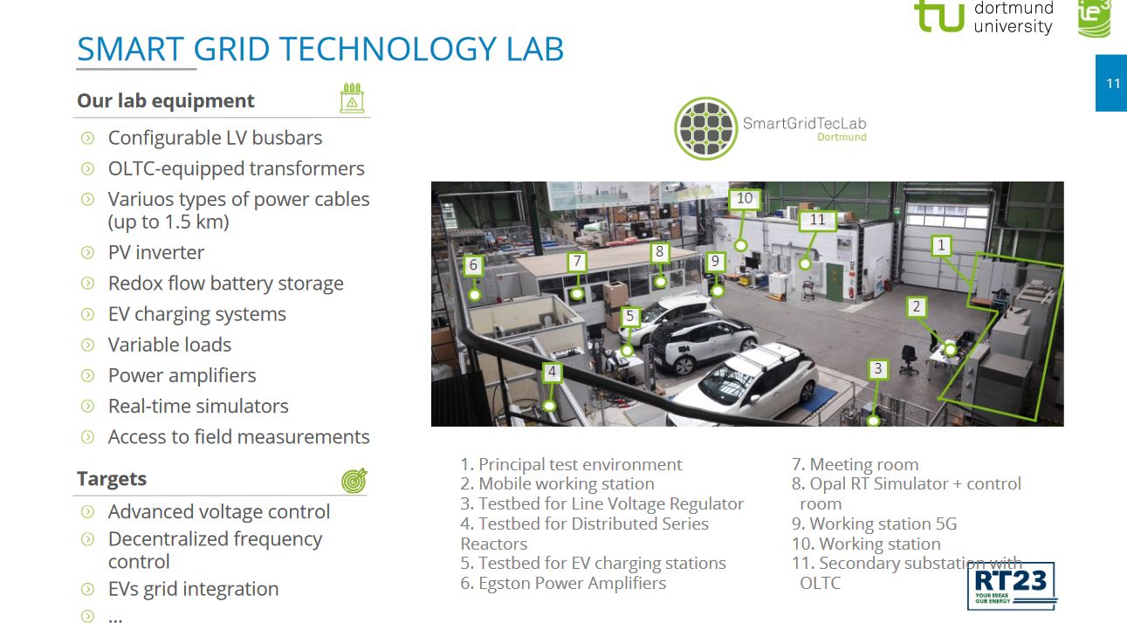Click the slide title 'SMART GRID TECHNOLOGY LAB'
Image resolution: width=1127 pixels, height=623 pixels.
tap(320, 49)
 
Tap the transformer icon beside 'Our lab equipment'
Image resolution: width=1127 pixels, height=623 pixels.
tap(352, 98)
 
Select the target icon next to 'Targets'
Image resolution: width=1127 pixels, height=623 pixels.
tap(354, 481)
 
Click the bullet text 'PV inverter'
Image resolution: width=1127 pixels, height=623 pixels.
tap(156, 252)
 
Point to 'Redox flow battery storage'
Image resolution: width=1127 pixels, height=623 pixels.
tap(226, 283)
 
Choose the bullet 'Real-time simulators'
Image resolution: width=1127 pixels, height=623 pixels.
tap(198, 406)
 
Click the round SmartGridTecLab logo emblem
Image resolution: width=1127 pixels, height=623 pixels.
tap(706, 129)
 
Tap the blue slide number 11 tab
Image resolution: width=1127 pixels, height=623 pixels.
tap(1111, 83)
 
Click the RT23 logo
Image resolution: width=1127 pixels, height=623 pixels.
tap(1011, 585)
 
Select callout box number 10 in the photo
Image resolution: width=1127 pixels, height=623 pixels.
tap(745, 199)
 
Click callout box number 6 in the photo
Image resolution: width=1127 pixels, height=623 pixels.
tap(473, 265)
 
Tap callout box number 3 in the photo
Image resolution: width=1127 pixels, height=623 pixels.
tap(878, 368)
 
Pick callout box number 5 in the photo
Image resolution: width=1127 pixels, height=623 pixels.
tap(630, 316)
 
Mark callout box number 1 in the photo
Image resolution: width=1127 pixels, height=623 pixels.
tap(941, 245)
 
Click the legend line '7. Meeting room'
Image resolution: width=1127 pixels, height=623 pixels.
tap(855, 464)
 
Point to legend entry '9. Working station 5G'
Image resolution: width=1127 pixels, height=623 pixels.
tap(874, 524)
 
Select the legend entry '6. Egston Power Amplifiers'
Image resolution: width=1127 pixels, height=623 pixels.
tap(563, 583)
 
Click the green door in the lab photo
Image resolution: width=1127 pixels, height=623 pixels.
tap(835, 282)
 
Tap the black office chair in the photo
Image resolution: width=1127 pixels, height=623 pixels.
tap(909, 359)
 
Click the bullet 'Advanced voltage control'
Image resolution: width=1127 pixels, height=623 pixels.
tap(219, 511)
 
